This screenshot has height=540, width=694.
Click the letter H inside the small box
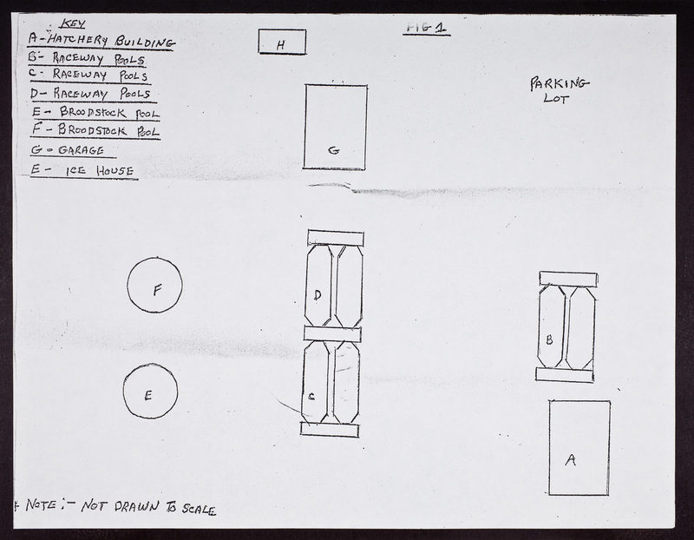point(280,45)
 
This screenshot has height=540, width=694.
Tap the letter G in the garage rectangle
point(334,150)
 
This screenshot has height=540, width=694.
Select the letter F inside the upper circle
point(157,291)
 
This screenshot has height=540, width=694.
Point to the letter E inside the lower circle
point(148,395)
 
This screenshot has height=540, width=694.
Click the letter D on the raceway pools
point(318,295)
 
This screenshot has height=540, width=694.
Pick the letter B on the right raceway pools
point(549,339)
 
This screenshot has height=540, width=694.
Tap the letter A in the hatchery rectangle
point(571,460)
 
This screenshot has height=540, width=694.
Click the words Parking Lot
point(559,90)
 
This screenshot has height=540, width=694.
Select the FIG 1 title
point(426,28)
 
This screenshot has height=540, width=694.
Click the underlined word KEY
point(72,23)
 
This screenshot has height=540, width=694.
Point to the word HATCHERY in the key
point(78,40)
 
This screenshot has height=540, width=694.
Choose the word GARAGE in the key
point(81,150)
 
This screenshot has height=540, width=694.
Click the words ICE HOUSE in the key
point(100,171)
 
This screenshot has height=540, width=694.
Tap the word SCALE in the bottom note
point(200,510)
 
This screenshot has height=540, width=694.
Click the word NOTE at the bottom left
point(41,504)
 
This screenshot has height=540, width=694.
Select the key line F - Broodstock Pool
point(95,131)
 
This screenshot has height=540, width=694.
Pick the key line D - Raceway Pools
point(91,94)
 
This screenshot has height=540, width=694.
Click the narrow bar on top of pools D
point(336,238)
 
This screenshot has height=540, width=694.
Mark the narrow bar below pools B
point(565,375)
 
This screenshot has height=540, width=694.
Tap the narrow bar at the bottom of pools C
point(330,429)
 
